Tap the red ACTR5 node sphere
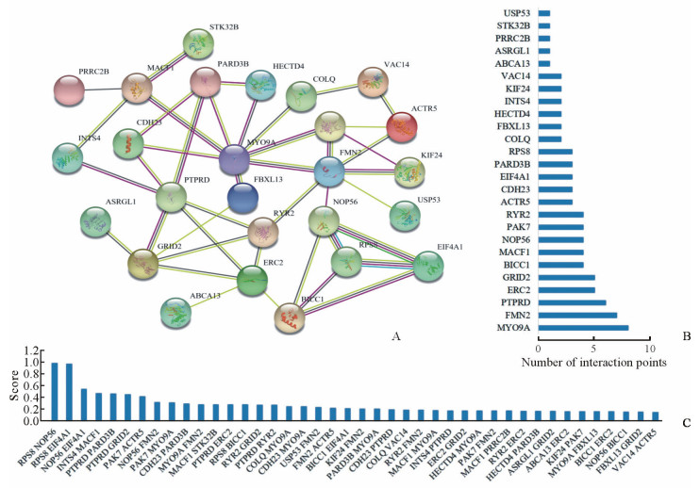tap(402, 127)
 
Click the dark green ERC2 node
tap(252, 279)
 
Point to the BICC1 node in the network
tap(290, 318)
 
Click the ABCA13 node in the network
tap(175, 313)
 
